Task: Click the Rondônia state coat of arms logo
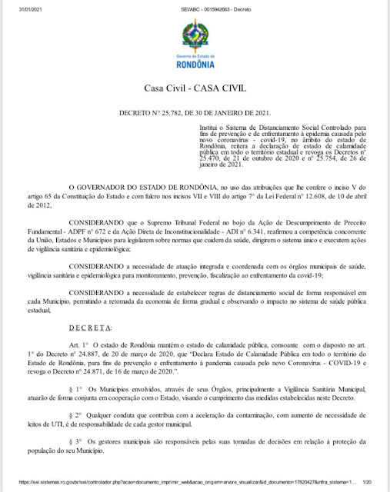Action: click(195, 35)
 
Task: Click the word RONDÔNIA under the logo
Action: click(195, 64)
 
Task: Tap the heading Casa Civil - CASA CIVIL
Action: click(195, 89)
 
